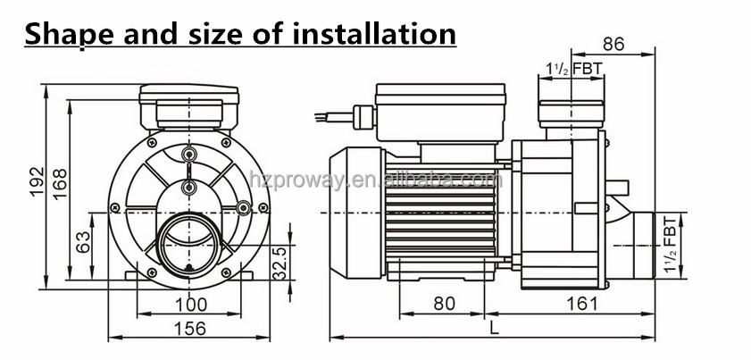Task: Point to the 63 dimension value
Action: coord(84,241)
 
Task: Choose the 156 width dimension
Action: coord(189,328)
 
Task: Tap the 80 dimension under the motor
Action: coord(444,304)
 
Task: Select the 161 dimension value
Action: coord(581,304)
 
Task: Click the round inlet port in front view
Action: coord(188,242)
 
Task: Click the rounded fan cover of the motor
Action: coord(355,212)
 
